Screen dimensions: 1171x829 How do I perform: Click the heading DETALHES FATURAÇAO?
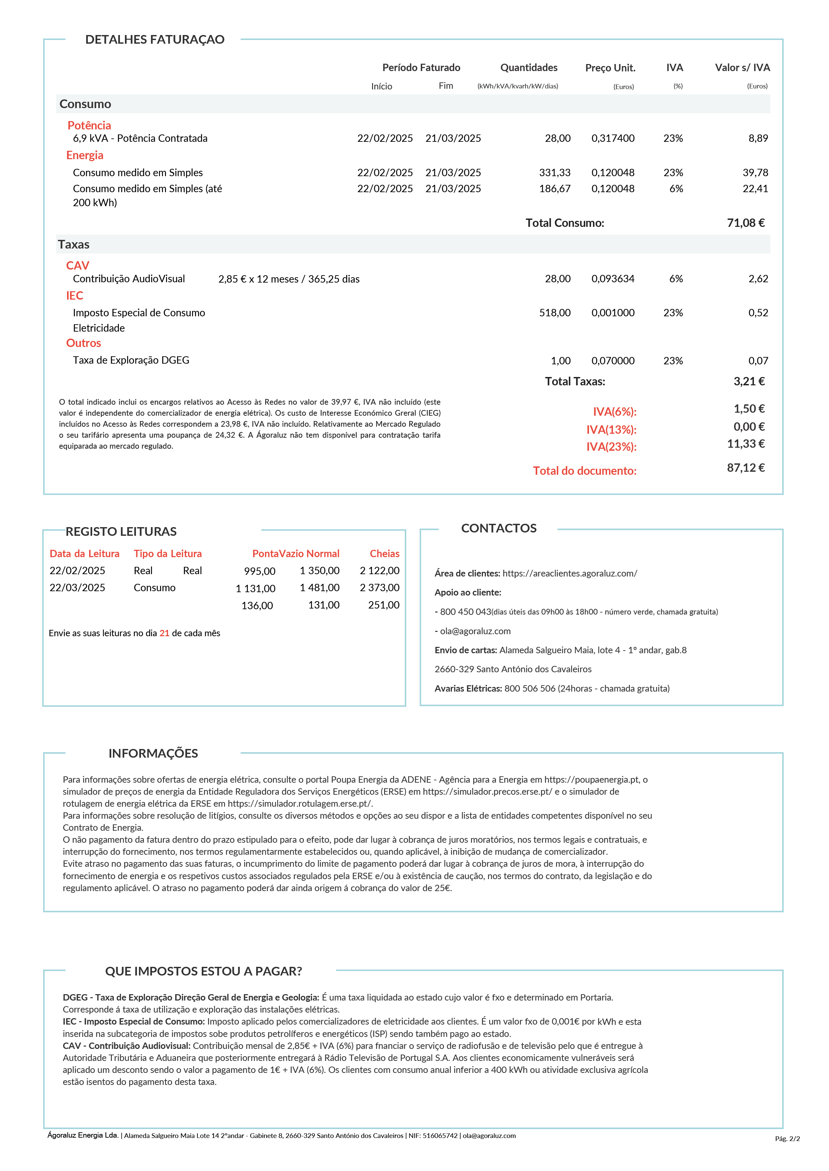(155, 40)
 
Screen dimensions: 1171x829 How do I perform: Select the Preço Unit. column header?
(610, 68)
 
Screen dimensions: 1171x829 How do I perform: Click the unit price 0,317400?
(613, 138)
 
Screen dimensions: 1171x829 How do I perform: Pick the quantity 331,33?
(554, 173)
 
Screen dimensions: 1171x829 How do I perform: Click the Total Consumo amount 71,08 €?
(745, 223)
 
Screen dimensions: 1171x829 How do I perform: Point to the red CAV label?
(77, 265)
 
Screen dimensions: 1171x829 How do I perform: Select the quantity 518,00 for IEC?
(554, 313)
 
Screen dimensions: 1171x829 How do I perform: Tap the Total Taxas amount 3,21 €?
(749, 382)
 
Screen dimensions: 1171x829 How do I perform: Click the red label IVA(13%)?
(611, 429)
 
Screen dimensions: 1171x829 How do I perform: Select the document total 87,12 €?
(745, 468)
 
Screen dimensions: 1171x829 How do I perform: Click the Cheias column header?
(384, 553)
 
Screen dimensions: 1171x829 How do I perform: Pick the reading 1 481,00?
(320, 588)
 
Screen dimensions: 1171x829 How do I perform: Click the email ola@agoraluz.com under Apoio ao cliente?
(475, 631)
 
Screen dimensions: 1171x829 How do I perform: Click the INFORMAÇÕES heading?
(153, 753)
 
